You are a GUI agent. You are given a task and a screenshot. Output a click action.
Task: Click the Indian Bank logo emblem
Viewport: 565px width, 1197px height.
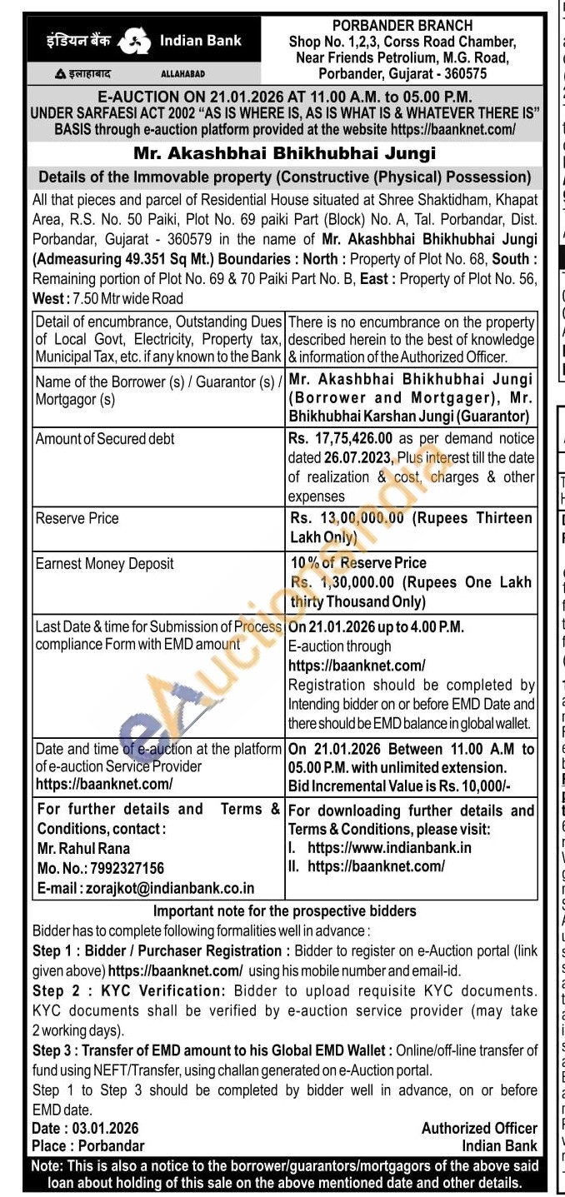[134, 41]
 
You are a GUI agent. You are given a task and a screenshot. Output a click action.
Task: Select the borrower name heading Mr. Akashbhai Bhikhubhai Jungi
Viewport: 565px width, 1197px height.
[284, 153]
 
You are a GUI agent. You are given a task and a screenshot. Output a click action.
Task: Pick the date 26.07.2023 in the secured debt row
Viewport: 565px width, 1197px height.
[336, 457]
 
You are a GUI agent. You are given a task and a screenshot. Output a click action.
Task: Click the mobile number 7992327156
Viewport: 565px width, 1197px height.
[116, 868]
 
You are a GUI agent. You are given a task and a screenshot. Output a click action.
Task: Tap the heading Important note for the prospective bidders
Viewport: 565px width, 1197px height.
[284, 910]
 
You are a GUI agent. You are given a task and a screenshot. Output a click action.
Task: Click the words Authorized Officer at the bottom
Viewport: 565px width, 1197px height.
[479, 1128]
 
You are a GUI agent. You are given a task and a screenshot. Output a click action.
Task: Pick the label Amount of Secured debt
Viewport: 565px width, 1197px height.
[105, 438]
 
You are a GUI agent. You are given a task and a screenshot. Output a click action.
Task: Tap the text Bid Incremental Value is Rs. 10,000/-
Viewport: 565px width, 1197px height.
[399, 786]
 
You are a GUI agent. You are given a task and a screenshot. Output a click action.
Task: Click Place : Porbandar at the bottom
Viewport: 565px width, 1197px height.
[88, 1145]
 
